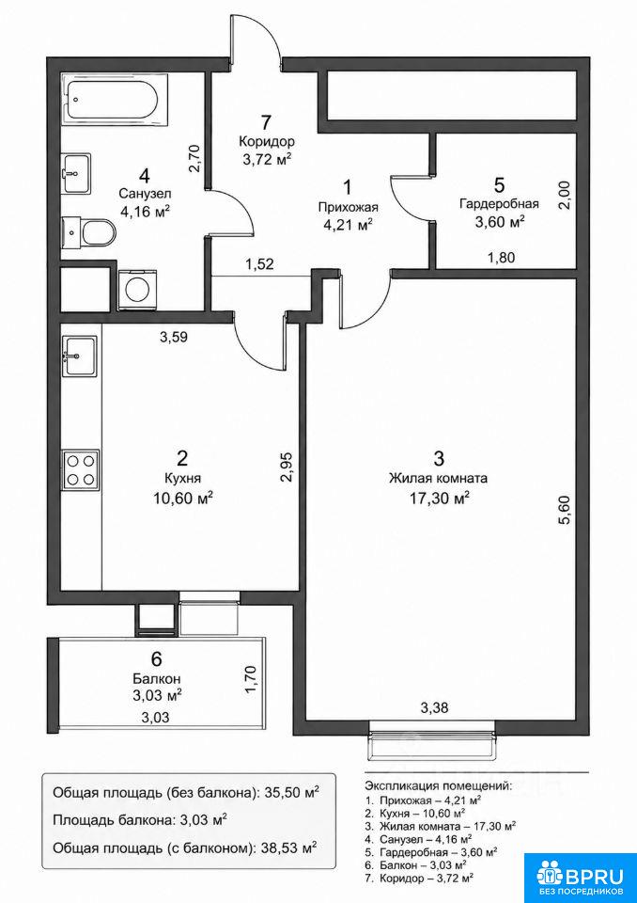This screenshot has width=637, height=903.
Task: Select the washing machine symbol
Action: click(136, 291)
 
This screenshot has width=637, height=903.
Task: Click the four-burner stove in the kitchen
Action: click(81, 470)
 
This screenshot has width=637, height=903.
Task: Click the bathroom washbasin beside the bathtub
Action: click(76, 173)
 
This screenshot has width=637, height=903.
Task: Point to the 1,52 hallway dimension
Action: click(259, 265)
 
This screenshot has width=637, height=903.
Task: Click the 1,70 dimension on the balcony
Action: click(250, 679)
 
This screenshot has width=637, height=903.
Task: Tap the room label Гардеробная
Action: click(498, 204)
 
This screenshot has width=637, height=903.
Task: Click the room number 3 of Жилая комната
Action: click(439, 459)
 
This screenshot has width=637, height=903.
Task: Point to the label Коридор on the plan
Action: click(267, 142)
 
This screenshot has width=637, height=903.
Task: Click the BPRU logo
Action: click(580, 877)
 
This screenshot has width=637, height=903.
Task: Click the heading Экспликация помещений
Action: click(438, 785)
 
